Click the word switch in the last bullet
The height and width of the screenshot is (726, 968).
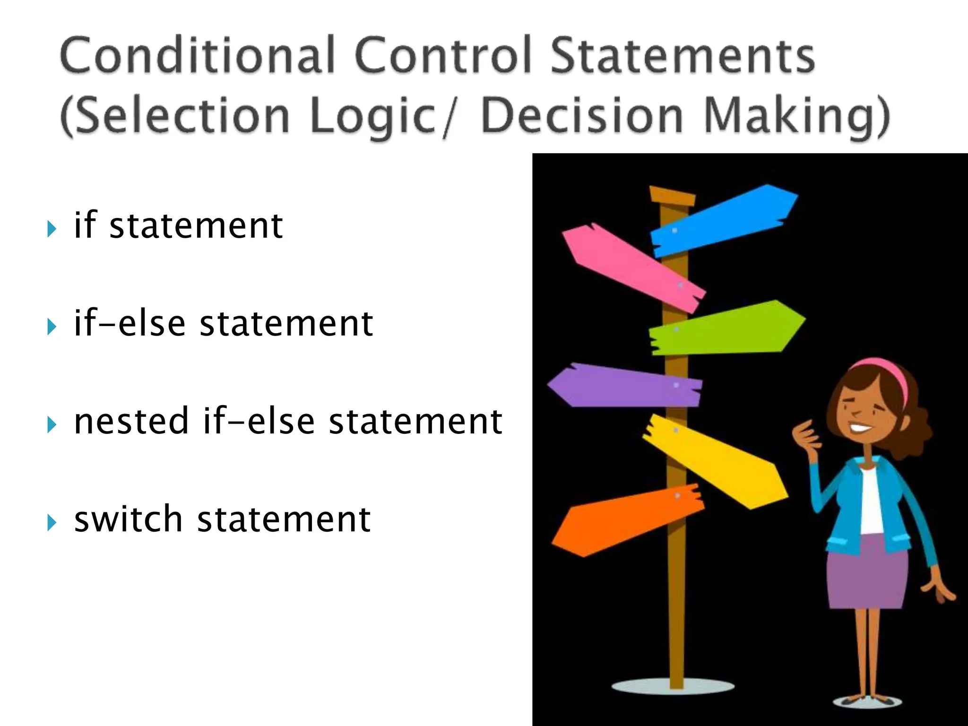click(129, 519)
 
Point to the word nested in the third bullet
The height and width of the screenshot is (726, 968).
click(131, 421)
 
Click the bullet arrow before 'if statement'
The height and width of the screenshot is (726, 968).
click(52, 230)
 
